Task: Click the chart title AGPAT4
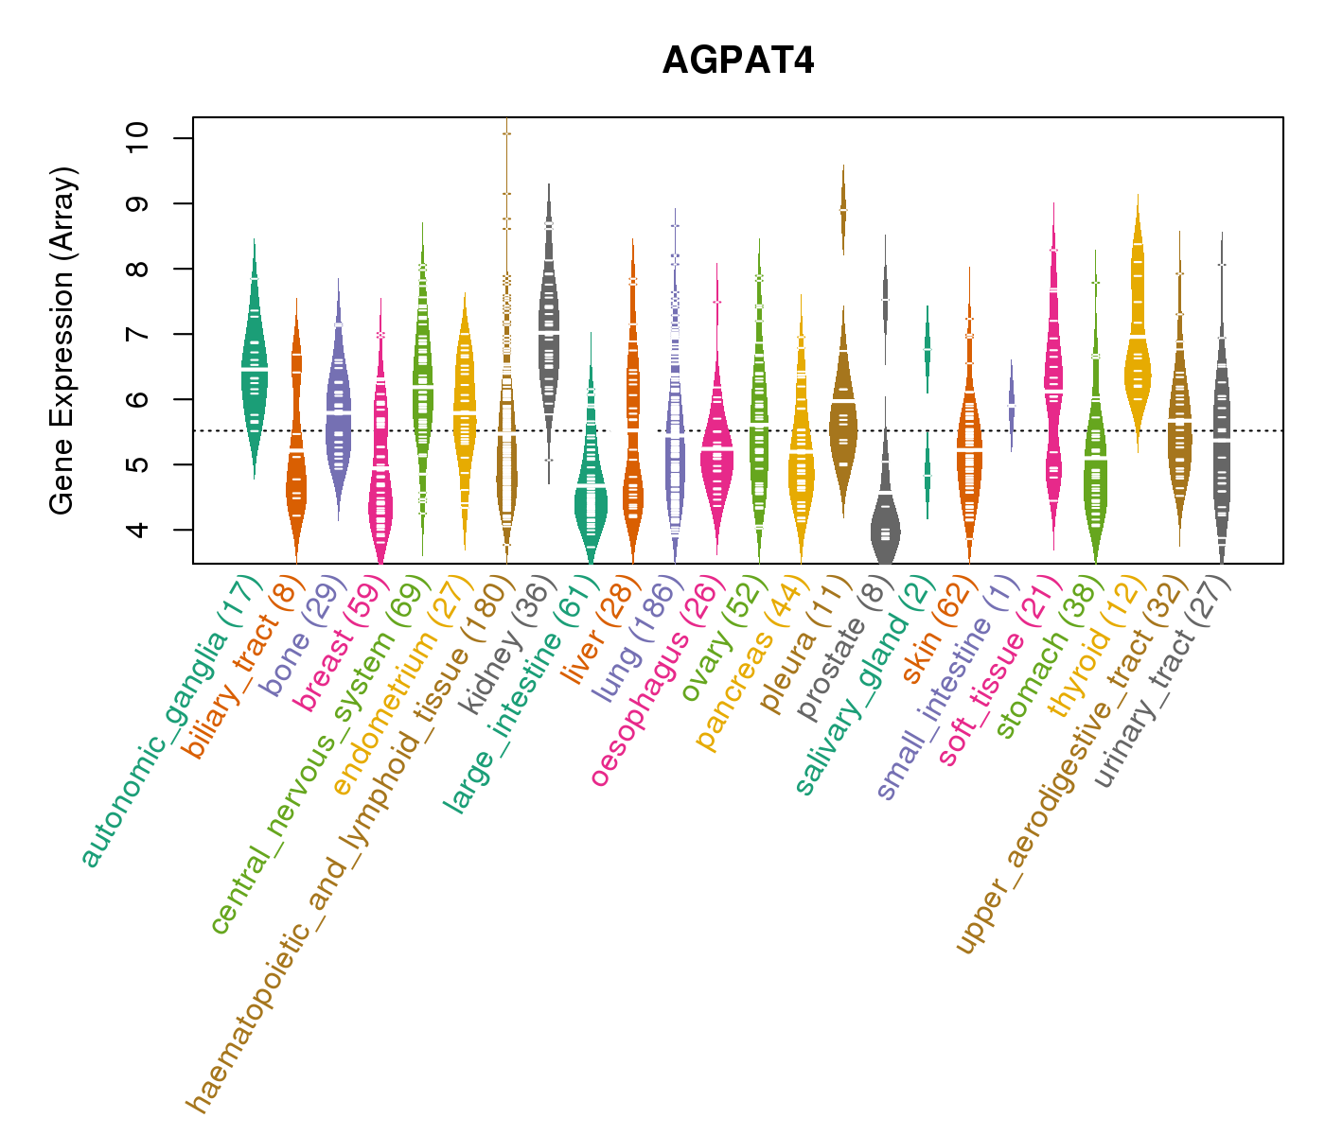pos(738,61)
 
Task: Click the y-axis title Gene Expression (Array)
pos(62,340)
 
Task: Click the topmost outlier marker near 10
pos(506,134)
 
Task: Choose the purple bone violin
pos(338,416)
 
